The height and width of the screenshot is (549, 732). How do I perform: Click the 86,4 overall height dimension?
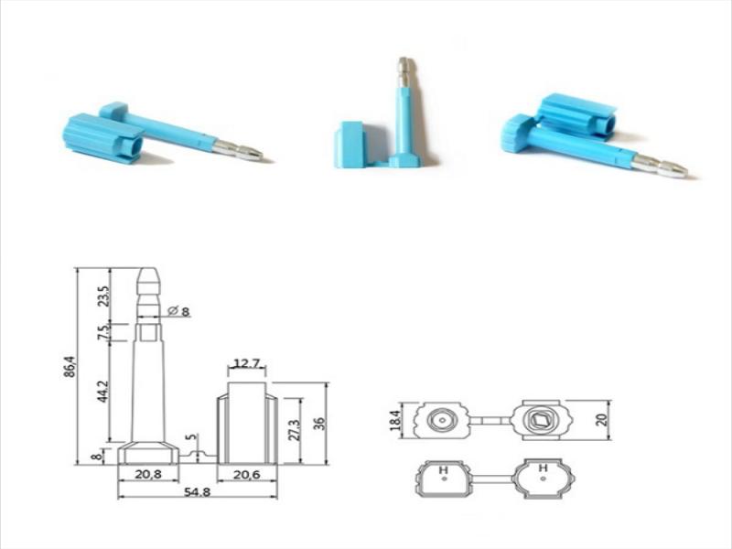tap(70, 367)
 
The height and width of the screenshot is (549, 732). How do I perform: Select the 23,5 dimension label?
tap(105, 296)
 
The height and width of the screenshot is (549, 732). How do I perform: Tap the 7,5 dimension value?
tap(105, 331)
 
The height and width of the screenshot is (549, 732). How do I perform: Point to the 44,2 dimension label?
tap(103, 392)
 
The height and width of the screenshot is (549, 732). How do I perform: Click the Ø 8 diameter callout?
tap(178, 310)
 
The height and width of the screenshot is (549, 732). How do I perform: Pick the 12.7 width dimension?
tap(246, 362)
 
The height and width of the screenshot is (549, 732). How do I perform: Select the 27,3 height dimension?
tap(294, 429)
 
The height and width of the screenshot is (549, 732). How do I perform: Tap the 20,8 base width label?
tap(148, 474)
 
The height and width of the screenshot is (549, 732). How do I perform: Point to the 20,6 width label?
tap(246, 474)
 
